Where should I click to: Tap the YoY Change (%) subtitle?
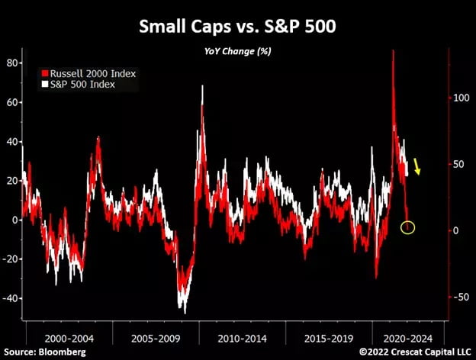[237, 52]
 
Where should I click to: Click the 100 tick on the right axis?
[459, 98]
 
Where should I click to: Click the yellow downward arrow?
[417, 166]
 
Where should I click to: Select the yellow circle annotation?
[408, 227]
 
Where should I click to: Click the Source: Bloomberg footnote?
[44, 352]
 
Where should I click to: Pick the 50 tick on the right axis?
[456, 164]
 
